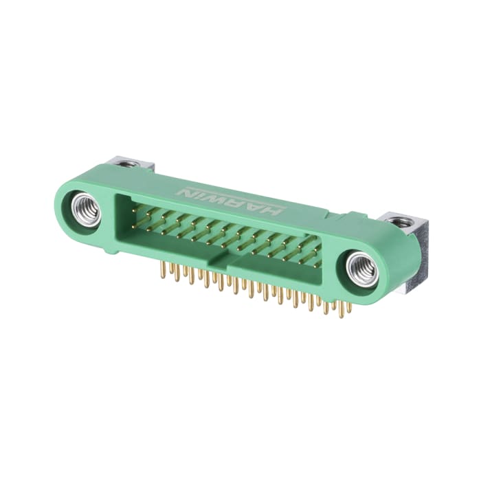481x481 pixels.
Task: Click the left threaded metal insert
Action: pos(87,210)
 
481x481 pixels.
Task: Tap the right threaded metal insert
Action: pos(361,269)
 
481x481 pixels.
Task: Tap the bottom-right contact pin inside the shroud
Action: pos(317,264)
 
